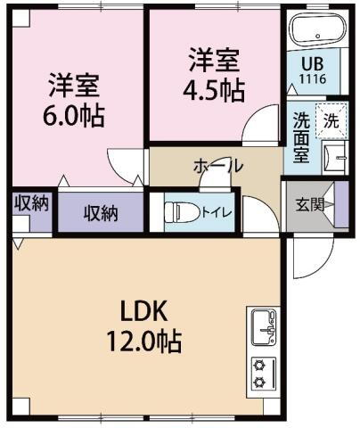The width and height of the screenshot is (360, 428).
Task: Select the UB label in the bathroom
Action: pyautogui.click(x=312, y=64)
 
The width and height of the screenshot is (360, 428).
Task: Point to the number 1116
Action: pyautogui.click(x=312, y=78)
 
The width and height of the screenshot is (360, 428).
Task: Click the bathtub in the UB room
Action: pyautogui.click(x=313, y=30)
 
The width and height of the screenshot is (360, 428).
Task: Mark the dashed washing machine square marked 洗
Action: pyautogui.click(x=330, y=122)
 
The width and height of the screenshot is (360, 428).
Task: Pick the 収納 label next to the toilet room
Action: pyautogui.click(x=102, y=213)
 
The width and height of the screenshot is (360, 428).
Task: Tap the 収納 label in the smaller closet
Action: pyautogui.click(x=31, y=202)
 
